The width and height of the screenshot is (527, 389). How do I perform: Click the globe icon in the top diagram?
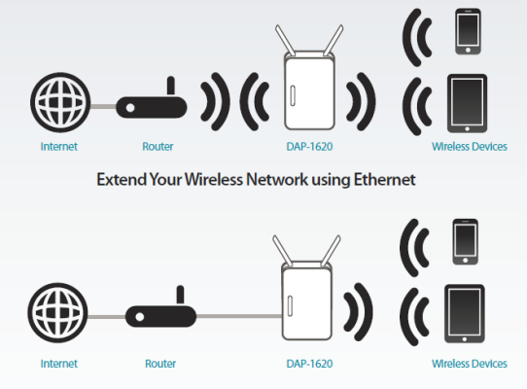[60, 102]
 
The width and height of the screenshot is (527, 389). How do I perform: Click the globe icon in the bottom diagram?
[57, 313]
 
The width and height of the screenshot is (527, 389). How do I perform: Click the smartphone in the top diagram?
[468, 31]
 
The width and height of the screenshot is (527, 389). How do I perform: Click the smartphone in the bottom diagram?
[466, 242]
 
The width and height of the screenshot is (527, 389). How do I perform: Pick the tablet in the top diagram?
[467, 103]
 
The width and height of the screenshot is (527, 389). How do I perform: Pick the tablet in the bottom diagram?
[465, 314]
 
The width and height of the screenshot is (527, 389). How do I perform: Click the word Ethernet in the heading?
[384, 179]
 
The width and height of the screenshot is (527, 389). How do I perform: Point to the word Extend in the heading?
[122, 179]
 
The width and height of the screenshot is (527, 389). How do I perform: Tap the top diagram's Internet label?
[59, 147]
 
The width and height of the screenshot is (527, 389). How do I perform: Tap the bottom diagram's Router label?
[160, 364]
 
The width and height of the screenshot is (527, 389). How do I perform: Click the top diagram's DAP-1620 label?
[309, 147]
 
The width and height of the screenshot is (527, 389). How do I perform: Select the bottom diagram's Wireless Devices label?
[470, 364]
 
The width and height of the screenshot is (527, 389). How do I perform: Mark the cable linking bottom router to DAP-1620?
[239, 316]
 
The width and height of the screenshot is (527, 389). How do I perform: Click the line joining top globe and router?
[103, 106]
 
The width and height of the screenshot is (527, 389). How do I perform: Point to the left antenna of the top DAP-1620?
[285, 40]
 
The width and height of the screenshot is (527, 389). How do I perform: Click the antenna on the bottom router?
[180, 296]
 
